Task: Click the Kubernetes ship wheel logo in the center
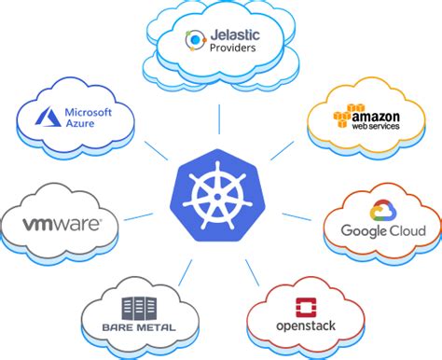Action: coord(220,194)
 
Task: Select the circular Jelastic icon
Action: coord(195,40)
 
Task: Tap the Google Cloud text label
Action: coord(383,230)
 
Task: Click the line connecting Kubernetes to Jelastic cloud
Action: coord(220,119)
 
